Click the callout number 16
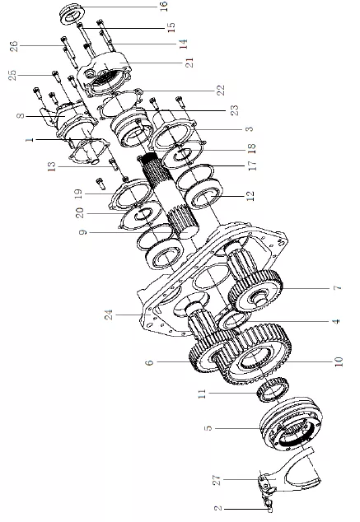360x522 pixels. coord(164,7)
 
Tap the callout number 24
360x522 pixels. coord(109,315)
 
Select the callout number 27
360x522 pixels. coord(217,480)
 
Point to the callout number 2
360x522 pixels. coord(217,508)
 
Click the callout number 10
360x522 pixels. coord(339,361)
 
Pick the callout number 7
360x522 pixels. coord(338,287)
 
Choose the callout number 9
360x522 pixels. coord(83,231)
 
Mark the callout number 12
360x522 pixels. coord(250,196)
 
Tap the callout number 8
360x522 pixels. coord(21,116)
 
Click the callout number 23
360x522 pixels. coord(235,110)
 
